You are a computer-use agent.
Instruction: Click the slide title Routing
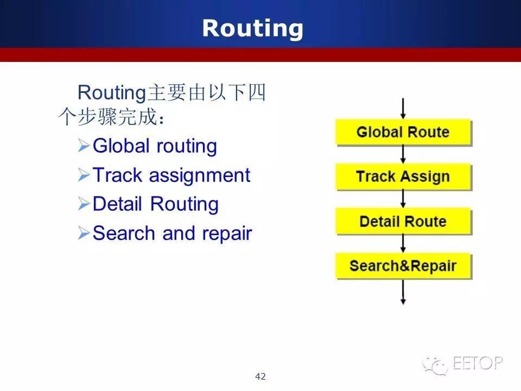252,29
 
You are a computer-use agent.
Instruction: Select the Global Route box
403,132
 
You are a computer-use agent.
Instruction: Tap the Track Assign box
403,176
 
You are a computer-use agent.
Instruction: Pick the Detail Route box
403,222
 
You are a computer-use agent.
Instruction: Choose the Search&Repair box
403,266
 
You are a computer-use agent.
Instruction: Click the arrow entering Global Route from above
403,109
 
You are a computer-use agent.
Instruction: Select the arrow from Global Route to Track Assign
403,154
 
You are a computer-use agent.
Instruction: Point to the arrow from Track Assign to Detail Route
403,199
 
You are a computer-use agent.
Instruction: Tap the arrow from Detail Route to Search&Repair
403,244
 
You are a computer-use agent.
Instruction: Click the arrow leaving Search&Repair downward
403,292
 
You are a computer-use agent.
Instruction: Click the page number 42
260,376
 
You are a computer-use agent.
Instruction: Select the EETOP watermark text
478,363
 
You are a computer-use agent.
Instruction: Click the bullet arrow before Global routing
84,146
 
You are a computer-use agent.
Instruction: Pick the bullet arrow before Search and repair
84,233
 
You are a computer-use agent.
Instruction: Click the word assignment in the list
200,176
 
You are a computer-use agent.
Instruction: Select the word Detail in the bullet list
118,204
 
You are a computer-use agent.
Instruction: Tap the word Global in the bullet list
121,146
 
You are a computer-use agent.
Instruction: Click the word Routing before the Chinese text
112,93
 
